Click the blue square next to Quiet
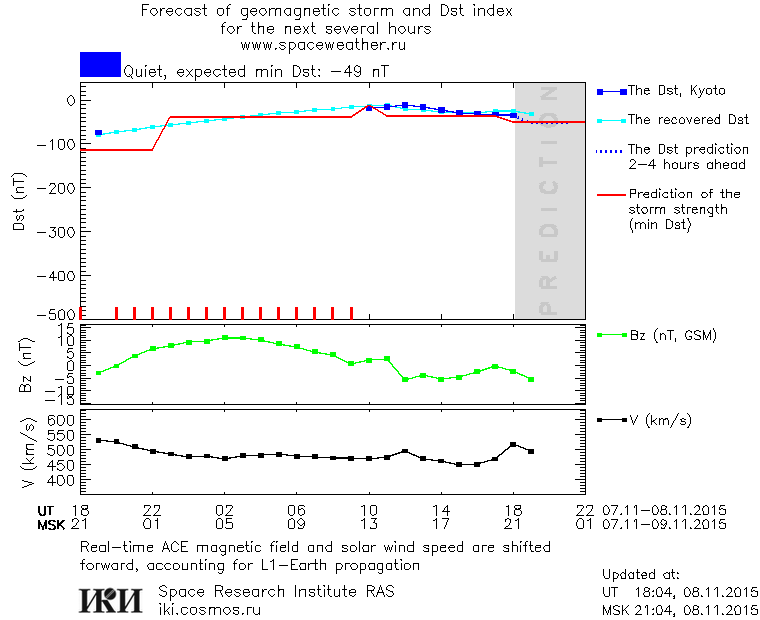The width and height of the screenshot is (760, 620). [x=100, y=64]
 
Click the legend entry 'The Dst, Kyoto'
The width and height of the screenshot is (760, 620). [x=676, y=91]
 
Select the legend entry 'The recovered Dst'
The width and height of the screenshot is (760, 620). [x=688, y=120]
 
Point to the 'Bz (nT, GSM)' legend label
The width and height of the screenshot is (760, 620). [x=672, y=335]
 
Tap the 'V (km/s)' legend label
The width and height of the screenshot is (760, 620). [x=659, y=420]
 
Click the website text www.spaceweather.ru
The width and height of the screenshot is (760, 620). [x=326, y=45]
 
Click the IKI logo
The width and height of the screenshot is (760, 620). [x=113, y=600]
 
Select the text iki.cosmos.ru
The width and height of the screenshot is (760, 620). [x=210, y=608]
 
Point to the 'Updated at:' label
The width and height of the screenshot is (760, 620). [x=641, y=575]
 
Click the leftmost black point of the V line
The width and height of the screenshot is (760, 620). [x=98, y=440]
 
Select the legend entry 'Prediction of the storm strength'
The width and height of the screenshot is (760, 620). [x=684, y=210]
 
